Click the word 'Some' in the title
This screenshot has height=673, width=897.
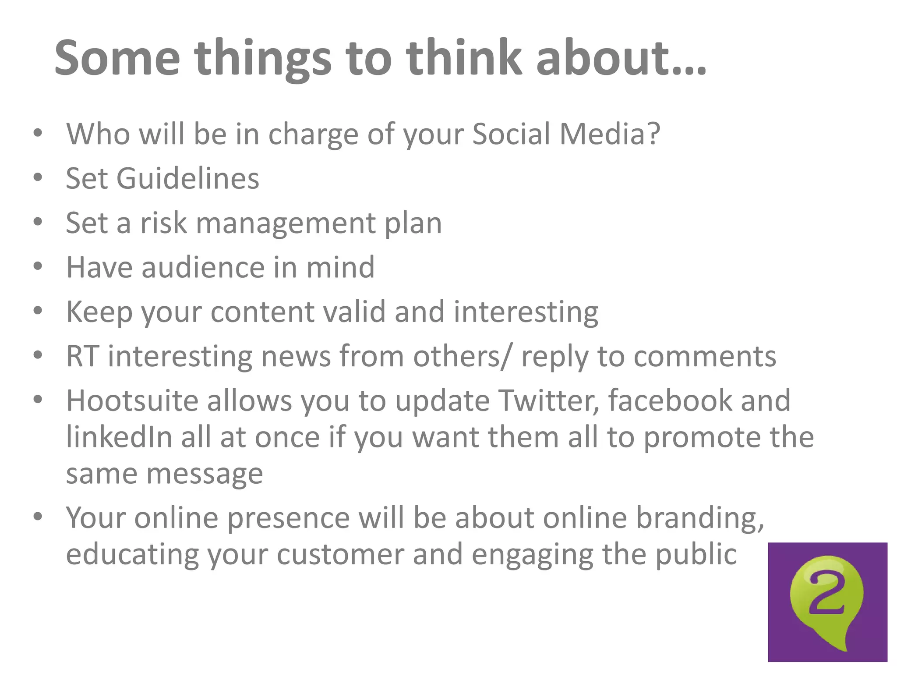[x=117, y=58]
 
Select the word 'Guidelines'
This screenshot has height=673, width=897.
[x=187, y=178]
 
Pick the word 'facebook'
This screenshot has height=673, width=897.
[x=670, y=400]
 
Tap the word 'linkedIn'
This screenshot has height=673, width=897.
[x=119, y=437]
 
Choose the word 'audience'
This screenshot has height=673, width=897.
[x=203, y=267]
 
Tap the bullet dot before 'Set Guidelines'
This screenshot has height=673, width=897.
[x=38, y=177]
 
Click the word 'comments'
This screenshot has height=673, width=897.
[x=705, y=356]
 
